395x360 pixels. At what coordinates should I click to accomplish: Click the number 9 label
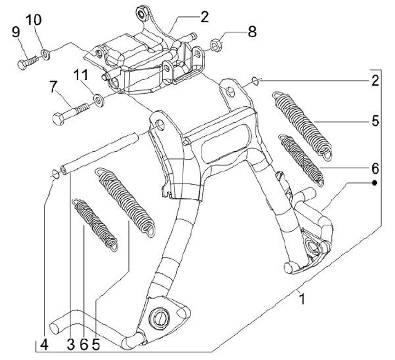(16, 32)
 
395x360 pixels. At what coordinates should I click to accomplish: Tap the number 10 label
(34, 20)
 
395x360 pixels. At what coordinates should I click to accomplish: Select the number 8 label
(252, 32)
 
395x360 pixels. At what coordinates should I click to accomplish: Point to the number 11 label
(81, 75)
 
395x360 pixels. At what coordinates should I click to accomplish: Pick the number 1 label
(302, 299)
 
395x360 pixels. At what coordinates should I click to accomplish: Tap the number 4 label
(44, 345)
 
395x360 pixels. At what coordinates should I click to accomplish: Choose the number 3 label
(71, 345)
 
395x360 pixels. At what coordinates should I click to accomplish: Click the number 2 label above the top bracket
(205, 17)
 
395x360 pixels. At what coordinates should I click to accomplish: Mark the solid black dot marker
(375, 183)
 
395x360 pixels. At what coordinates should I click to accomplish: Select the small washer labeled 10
(46, 54)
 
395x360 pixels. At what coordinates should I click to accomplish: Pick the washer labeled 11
(98, 99)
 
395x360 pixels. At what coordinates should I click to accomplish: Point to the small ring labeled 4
(55, 174)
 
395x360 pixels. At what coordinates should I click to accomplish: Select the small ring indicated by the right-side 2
(255, 81)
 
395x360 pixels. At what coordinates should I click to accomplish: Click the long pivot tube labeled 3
(99, 153)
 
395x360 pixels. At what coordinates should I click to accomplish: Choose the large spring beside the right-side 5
(302, 125)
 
